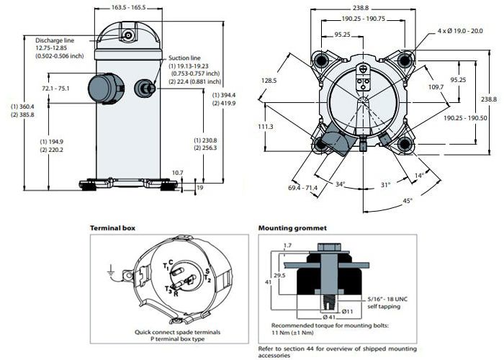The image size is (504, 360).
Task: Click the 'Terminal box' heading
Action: tap(112, 228)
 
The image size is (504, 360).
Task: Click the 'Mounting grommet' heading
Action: tap(292, 228)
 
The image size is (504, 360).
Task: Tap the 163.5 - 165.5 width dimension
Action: tap(128, 7)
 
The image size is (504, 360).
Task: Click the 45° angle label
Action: tap(407, 201)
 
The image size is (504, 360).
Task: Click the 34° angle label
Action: tap(338, 184)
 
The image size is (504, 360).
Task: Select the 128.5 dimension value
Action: tap(268, 81)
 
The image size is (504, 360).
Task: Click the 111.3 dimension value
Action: tap(265, 126)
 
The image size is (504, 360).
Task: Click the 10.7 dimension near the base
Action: tap(178, 173)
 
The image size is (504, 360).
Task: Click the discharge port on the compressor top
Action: tap(128, 35)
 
